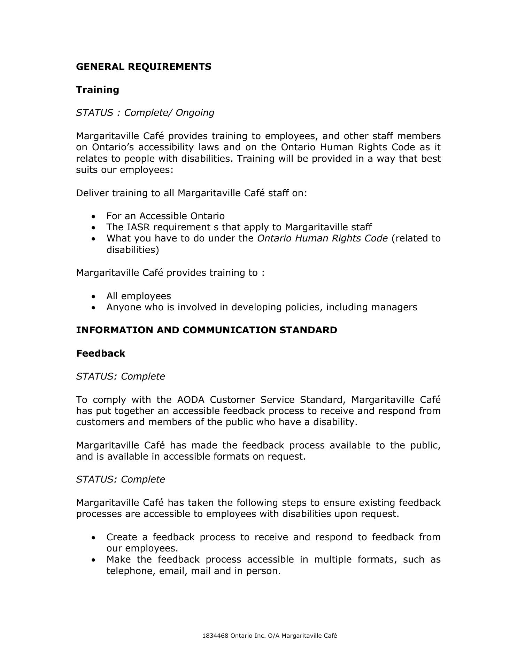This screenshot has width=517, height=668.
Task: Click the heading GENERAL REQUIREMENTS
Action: pyautogui.click(x=144, y=67)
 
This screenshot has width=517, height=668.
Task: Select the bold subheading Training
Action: pyautogui.click(x=98, y=90)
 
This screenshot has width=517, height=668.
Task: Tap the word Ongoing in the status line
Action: pyautogui.click(x=195, y=113)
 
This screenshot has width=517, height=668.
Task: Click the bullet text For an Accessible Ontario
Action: pyautogui.click(x=165, y=216)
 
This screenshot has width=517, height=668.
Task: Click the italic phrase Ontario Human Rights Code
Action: pyautogui.click(x=322, y=238)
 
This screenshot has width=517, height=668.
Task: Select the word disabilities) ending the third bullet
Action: pyautogui.click(x=133, y=250)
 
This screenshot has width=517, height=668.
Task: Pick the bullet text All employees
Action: pyautogui.click(x=139, y=296)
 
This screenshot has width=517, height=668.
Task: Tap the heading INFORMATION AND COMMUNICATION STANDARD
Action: pyautogui.click(x=207, y=330)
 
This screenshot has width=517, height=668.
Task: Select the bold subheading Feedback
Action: pyautogui.click(x=101, y=353)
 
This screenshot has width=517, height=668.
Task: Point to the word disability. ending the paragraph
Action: pyautogui.click(x=335, y=422)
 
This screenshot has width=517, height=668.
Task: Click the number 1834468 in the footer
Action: pyautogui.click(x=215, y=636)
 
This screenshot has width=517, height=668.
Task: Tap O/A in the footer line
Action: pyautogui.click(x=274, y=636)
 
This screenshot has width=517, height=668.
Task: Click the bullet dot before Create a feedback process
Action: pyautogui.click(x=93, y=538)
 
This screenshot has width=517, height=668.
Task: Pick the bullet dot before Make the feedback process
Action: pyautogui.click(x=93, y=560)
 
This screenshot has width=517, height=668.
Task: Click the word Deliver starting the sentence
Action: pyautogui.click(x=92, y=193)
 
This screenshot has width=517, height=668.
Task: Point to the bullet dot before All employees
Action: pyautogui.click(x=93, y=297)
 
